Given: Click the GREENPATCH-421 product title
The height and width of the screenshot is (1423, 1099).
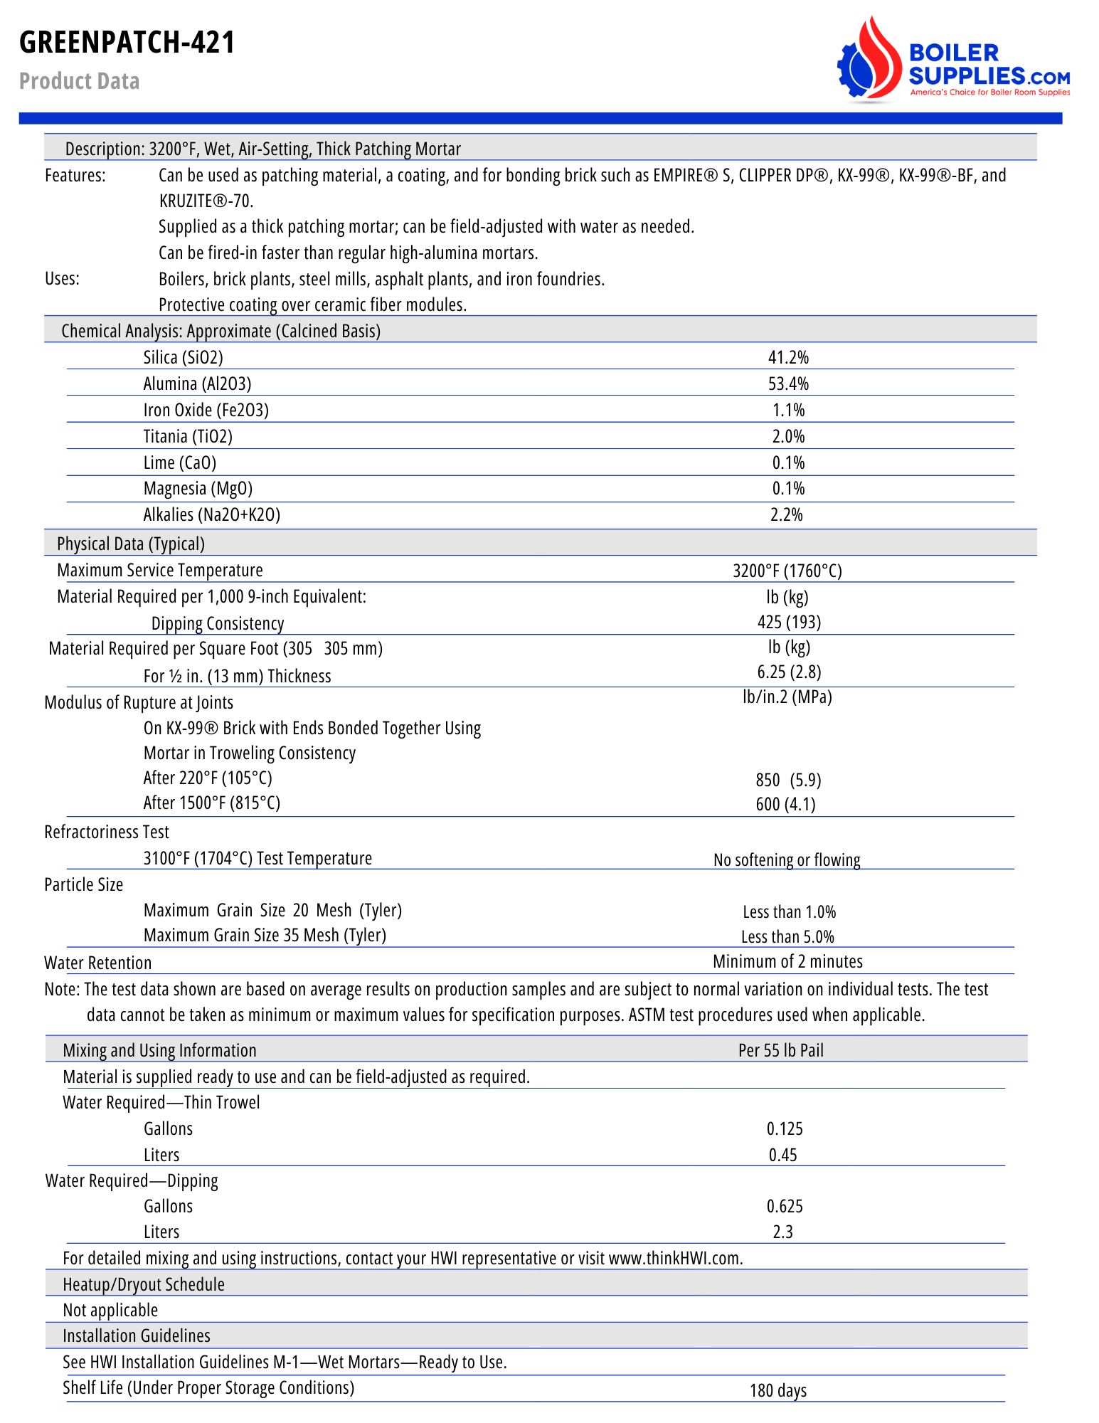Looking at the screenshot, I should coord(127,43).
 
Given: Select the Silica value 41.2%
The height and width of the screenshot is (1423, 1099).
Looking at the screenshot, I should coord(788,357).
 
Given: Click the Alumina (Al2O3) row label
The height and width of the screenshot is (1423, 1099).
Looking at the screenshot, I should coord(197,384).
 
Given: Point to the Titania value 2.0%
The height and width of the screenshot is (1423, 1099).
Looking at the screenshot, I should coord(788,436).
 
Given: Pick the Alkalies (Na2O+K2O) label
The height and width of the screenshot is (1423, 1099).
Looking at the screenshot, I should coord(211,515).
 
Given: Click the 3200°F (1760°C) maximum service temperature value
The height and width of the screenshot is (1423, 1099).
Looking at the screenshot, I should coord(787,571).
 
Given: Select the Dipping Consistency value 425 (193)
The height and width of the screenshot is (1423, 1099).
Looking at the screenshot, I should coord(789,623).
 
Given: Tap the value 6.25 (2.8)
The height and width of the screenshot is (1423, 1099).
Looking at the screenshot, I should coord(789,672).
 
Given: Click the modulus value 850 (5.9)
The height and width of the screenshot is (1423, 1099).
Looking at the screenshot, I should coord(788,781).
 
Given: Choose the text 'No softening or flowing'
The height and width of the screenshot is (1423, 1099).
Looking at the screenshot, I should coord(787,860).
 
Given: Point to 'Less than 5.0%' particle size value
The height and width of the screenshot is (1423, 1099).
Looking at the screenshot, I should coord(787,937).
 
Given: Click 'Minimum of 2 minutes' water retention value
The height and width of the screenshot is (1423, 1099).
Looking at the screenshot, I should coord(787,962).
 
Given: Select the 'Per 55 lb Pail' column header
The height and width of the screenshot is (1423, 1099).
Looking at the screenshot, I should coord(780,1051).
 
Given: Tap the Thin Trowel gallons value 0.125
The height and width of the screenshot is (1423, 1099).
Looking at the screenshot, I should coord(785,1129).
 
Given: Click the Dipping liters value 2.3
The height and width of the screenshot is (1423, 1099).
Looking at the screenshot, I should coord(782,1232).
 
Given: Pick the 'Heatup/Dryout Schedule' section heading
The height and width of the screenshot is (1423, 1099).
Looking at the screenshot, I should coord(144,1285).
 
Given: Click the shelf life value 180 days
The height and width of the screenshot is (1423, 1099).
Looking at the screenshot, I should coord(778,1391).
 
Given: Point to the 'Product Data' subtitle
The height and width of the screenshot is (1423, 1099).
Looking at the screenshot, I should coord(79,81).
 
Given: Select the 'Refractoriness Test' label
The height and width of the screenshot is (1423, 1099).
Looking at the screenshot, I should coord(107,832).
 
